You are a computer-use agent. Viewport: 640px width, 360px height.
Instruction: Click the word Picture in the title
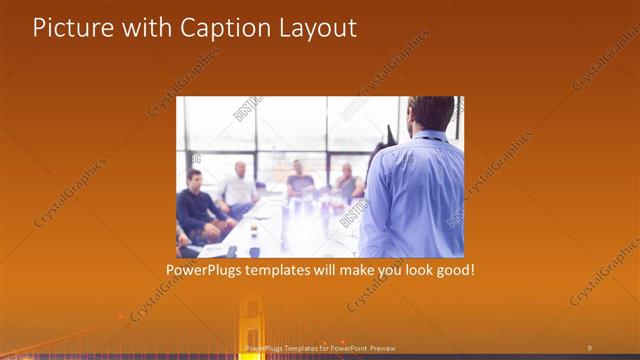[x=69, y=28]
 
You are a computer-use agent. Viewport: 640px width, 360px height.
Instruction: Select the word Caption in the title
[x=220, y=28]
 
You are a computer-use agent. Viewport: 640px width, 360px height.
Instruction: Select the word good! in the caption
[x=451, y=271]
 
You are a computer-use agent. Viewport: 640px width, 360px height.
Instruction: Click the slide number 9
[x=589, y=347]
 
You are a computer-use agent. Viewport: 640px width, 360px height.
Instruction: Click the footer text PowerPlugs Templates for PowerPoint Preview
[x=320, y=347]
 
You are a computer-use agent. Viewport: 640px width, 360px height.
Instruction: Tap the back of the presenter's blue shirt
[x=414, y=195]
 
